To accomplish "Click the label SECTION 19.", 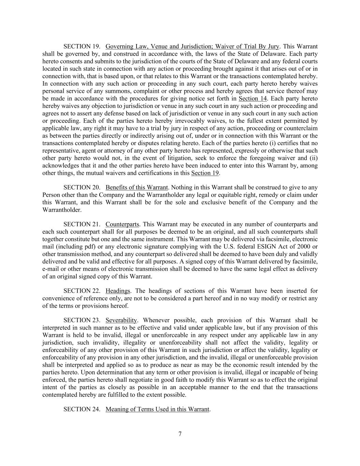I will point(82,46).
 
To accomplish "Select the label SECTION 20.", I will point(82,187).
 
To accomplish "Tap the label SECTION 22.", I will point(82,291).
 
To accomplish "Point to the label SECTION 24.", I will point(82,409).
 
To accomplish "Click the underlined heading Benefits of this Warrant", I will point(136,187).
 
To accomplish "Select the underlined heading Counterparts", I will point(122,224).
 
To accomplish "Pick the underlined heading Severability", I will point(121,320).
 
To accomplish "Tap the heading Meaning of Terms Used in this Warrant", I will point(157,409).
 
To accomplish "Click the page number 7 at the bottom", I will point(180,434).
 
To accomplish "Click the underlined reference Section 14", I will point(253,99).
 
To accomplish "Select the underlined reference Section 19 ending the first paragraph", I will point(205,173).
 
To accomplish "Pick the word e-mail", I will point(50,269).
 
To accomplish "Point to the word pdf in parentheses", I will point(88,246).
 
